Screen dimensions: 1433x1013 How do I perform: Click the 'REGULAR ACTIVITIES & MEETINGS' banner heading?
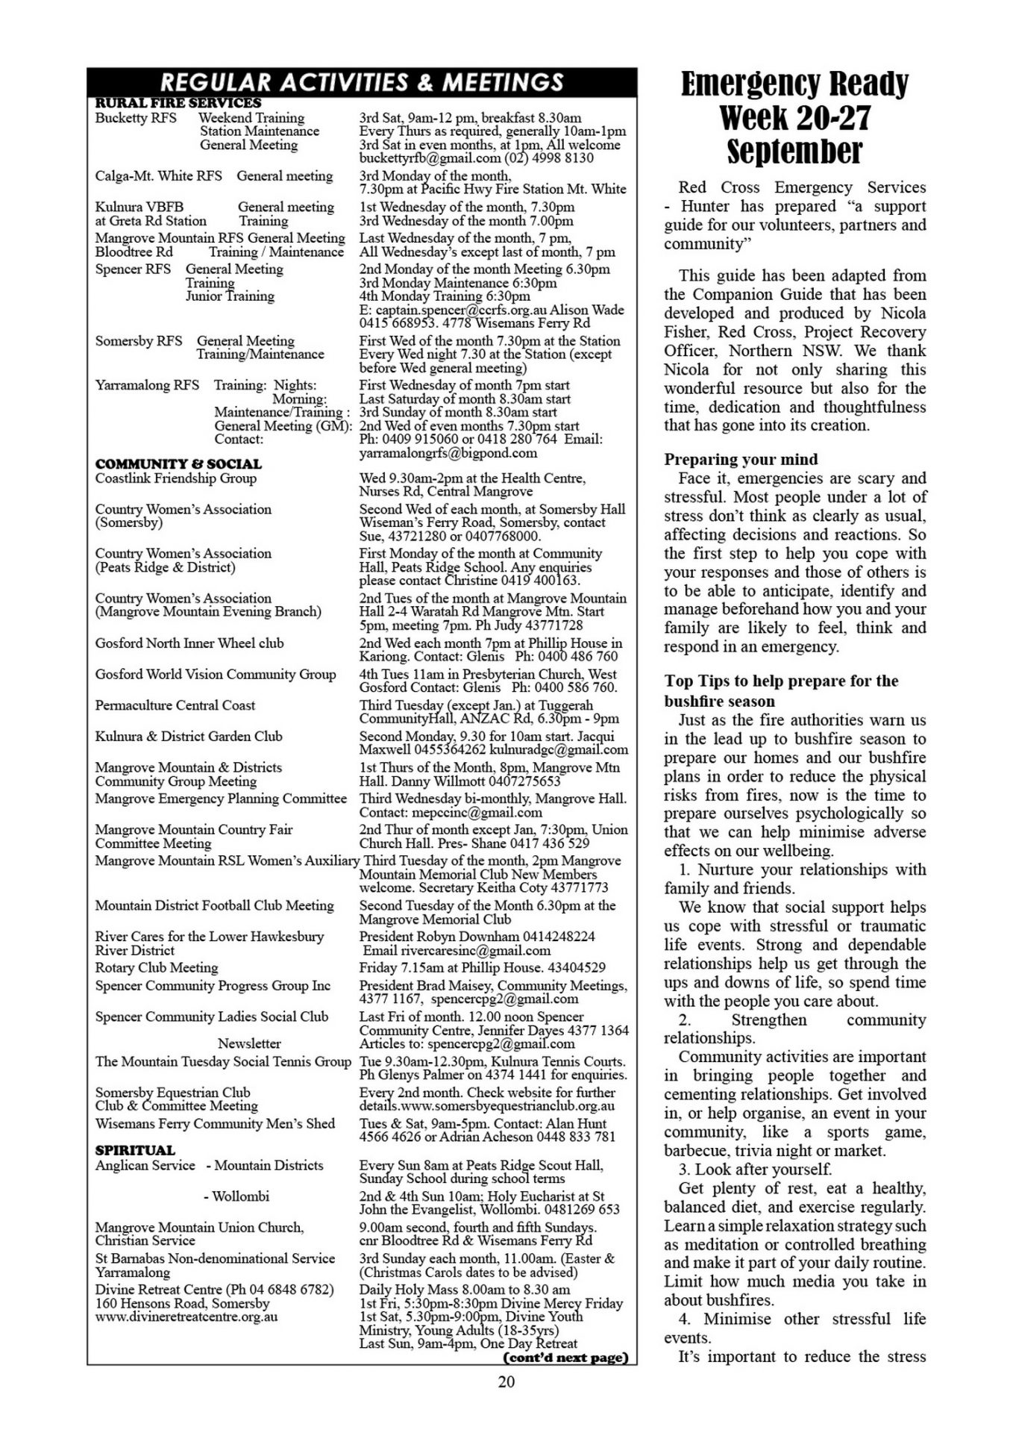(x=362, y=81)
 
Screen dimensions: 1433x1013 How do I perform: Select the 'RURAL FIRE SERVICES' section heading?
(x=178, y=103)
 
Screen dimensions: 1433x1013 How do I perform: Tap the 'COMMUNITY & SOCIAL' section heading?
(x=178, y=463)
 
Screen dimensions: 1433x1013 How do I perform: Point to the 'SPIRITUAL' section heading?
(x=135, y=1150)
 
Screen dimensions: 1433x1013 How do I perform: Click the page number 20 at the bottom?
(x=506, y=1382)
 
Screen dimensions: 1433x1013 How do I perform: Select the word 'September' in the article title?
(x=794, y=152)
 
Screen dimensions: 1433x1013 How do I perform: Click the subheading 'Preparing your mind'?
(x=741, y=460)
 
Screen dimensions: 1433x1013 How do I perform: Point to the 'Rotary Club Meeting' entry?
(x=157, y=968)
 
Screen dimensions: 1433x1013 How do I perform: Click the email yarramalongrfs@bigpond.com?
(x=448, y=453)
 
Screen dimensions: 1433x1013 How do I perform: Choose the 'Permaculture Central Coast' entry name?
(x=175, y=705)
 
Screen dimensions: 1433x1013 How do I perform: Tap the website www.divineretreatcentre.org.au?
(x=186, y=1317)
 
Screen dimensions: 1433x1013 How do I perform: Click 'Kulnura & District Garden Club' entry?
(x=189, y=737)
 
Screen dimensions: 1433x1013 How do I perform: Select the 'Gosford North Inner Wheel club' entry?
(x=189, y=643)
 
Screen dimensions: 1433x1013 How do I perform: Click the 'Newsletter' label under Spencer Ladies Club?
(x=249, y=1043)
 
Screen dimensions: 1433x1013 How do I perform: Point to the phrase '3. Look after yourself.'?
(x=755, y=1170)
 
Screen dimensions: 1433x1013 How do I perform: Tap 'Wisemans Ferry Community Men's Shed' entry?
(x=215, y=1124)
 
